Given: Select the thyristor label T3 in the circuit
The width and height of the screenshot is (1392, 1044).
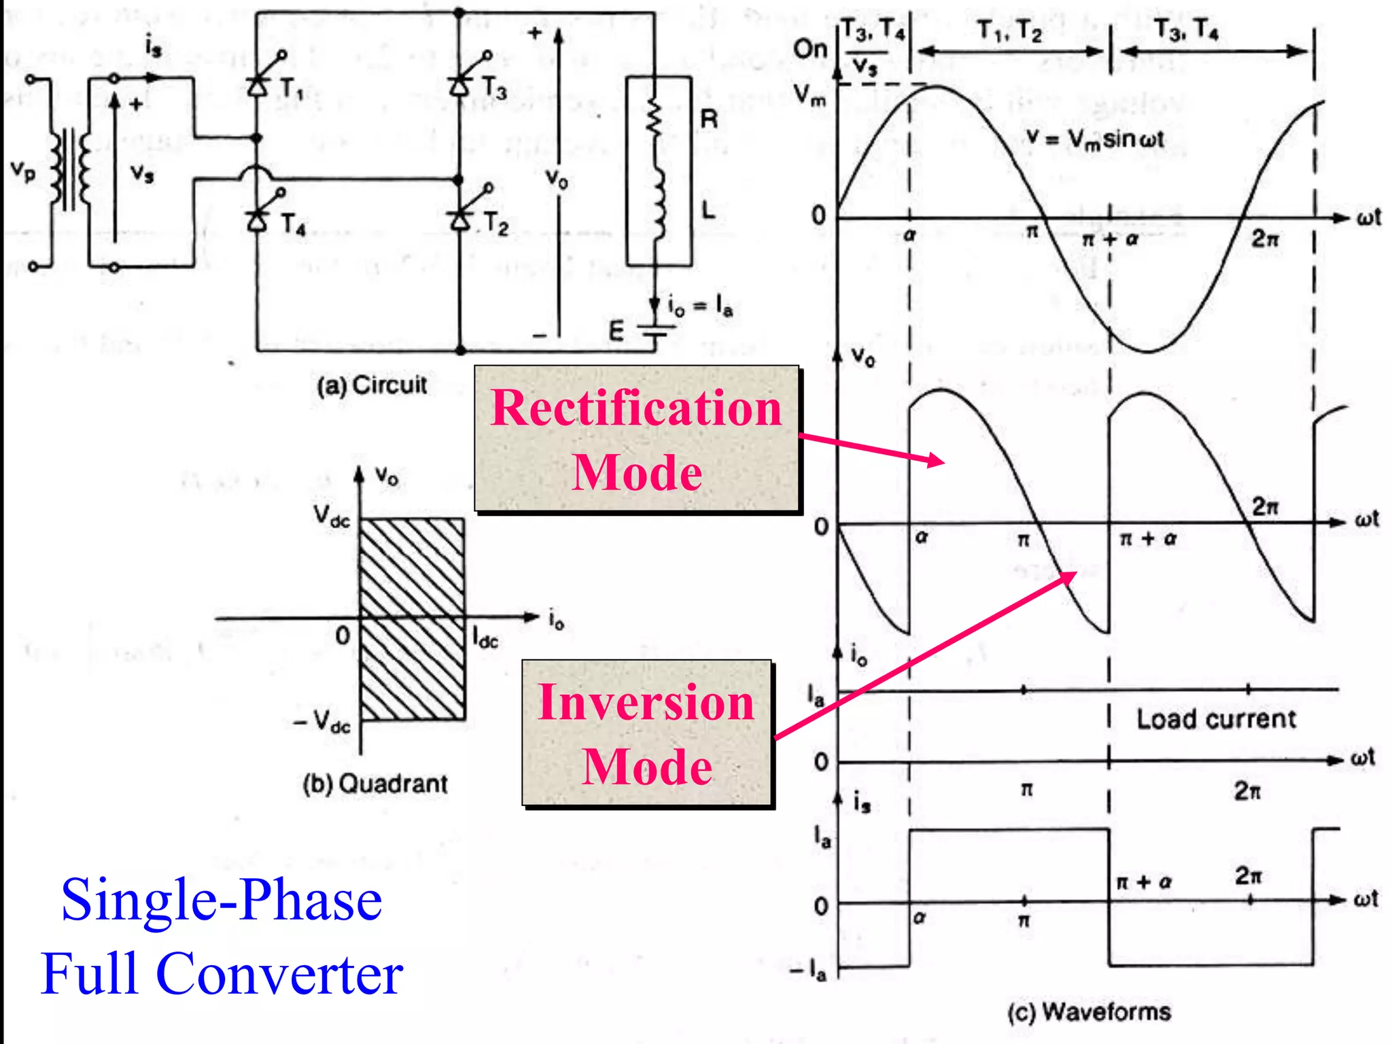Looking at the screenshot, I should tap(494, 88).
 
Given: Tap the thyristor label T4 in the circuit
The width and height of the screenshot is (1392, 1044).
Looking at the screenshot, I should tap(293, 224).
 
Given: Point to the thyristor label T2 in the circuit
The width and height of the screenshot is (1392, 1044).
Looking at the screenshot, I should tap(496, 224).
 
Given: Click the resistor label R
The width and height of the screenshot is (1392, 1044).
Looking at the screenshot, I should tap(709, 120).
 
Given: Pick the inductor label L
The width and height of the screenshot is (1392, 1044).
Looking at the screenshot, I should tap(708, 210).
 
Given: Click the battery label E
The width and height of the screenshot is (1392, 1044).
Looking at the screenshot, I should tap(616, 331).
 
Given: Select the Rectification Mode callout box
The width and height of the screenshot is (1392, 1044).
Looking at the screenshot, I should tap(636, 439).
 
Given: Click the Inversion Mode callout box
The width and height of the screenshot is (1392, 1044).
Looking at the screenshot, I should tap(647, 733).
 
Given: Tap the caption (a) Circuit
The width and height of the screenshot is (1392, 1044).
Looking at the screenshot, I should tap(372, 385).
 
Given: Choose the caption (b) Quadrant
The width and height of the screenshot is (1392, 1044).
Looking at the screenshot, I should tap(375, 784).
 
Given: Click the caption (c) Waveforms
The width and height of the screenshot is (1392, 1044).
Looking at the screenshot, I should tap(1089, 1011).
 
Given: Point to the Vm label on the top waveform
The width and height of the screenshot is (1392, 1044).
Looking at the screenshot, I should tap(810, 95).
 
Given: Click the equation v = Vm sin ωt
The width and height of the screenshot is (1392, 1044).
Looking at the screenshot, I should tap(1095, 139).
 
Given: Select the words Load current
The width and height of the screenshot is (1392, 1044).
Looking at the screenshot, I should tap(1216, 718).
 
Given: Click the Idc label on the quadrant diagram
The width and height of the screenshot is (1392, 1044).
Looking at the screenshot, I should tap(485, 638).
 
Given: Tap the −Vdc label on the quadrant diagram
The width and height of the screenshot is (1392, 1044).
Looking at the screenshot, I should tap(321, 722).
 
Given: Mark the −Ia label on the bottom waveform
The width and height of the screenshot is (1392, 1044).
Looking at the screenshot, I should tap(808, 971).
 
